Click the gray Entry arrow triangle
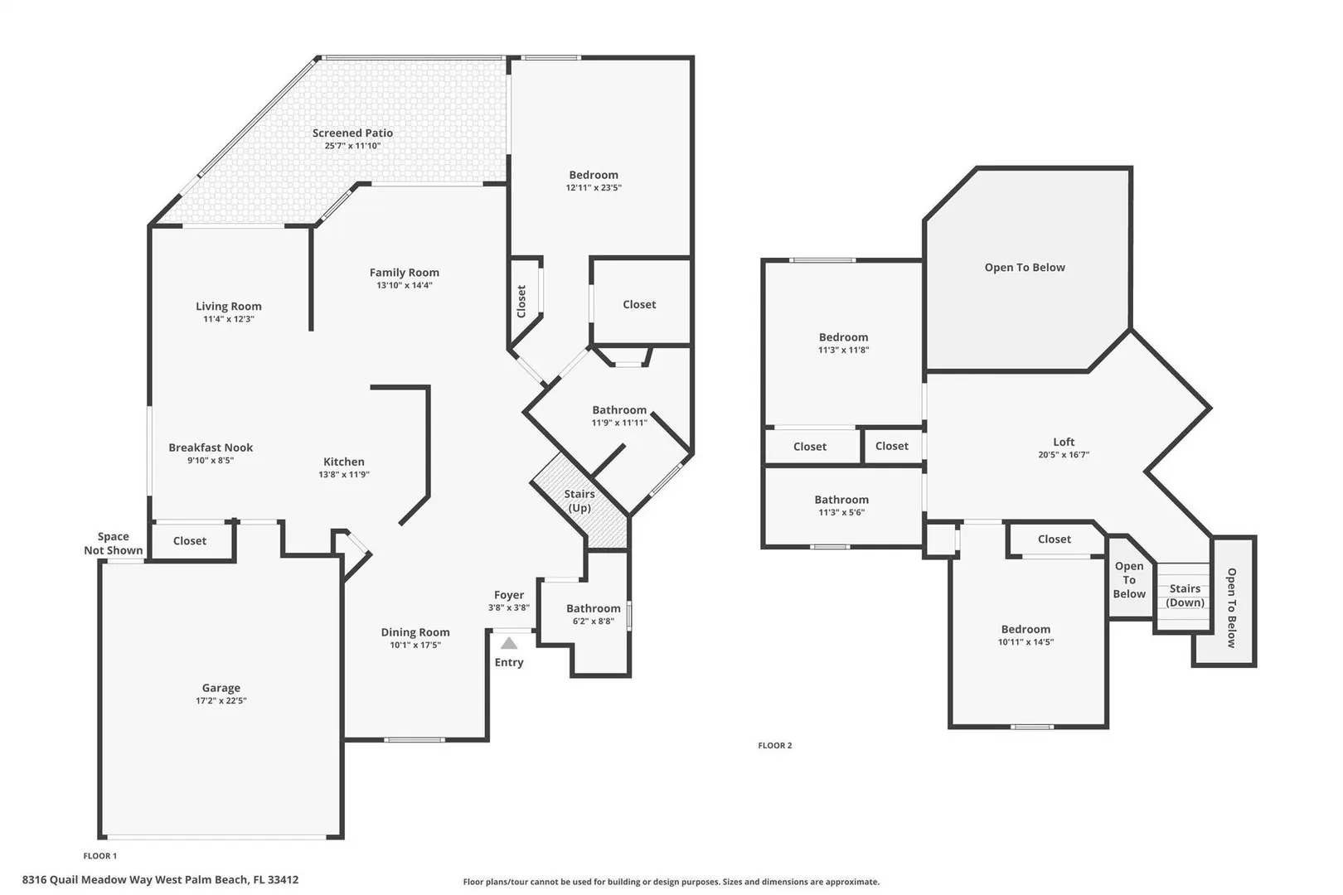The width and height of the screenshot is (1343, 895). (509, 643)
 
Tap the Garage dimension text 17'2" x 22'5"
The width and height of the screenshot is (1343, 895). (221, 701)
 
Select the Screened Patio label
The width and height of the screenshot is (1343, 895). (352, 133)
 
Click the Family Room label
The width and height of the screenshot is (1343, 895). (404, 273)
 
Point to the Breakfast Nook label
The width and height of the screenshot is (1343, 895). (211, 447)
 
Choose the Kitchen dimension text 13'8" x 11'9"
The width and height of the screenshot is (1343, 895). (343, 475)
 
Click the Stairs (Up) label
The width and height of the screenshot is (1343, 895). (579, 501)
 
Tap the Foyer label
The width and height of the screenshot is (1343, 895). (509, 595)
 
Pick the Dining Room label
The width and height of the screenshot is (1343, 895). (415, 632)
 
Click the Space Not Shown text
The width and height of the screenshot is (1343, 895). (114, 544)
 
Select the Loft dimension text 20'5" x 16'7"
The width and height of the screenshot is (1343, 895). (1064, 455)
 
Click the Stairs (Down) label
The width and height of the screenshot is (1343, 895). (1185, 596)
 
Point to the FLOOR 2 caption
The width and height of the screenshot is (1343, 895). (774, 746)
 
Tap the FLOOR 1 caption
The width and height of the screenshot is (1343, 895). (100, 856)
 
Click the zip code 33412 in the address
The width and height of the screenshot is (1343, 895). (283, 880)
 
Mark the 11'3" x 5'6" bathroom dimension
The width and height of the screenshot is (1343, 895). (841, 512)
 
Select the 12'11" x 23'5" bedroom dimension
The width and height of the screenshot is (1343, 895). (594, 187)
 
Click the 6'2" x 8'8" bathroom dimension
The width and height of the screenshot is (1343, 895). (594, 622)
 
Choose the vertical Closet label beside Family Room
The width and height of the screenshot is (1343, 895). (521, 302)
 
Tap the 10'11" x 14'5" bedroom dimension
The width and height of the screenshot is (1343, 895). (1025, 642)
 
